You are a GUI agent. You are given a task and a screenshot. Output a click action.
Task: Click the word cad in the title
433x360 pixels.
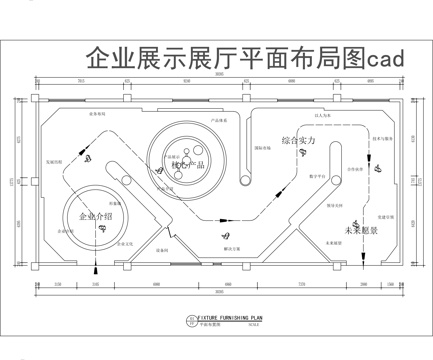[x=385, y=59]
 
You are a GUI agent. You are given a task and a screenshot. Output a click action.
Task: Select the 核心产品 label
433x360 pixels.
[x=188, y=164]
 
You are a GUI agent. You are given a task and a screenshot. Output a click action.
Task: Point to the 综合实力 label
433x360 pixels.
[x=298, y=141]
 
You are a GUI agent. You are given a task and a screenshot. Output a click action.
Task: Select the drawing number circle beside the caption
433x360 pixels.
[x=193, y=321]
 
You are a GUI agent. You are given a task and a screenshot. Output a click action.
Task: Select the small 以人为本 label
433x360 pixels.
[x=323, y=117]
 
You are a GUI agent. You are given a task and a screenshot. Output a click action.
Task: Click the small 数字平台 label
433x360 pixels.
[x=317, y=176]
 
